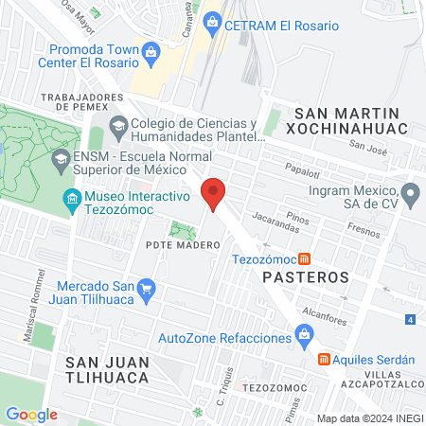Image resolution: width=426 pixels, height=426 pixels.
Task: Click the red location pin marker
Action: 214,194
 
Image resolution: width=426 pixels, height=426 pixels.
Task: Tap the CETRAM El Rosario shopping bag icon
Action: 213,21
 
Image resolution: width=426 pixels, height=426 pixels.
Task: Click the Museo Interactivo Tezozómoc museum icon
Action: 71,198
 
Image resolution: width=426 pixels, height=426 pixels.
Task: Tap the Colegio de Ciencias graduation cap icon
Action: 118,125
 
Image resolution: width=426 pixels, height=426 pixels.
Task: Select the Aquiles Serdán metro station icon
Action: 323,360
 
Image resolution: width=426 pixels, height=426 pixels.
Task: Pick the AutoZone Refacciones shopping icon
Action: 304,332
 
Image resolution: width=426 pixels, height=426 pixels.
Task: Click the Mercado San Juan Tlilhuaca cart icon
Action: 146,289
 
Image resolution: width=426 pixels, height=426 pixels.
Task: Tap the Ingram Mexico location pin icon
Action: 411,197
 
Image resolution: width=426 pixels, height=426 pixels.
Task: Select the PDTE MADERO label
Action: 183,244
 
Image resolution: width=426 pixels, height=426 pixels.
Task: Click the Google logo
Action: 31,414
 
